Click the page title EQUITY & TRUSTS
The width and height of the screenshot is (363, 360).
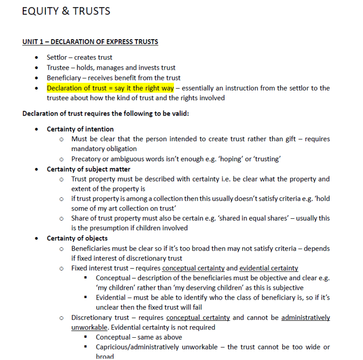pos(66,11)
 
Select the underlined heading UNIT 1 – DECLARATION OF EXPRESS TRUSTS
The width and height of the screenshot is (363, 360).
pos(90,42)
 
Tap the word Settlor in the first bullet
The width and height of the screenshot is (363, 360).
pos(57,58)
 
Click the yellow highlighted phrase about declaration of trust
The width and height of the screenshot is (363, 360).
pos(110,88)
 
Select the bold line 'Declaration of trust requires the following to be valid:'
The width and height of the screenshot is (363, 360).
pos(106,114)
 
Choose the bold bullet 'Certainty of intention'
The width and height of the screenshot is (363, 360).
pos(80,129)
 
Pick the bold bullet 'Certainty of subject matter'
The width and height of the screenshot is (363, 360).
pos(88,169)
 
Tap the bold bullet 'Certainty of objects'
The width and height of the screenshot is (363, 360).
pos(77,238)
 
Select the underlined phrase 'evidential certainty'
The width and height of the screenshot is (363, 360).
pos(269,268)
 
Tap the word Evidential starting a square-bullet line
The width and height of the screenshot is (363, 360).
pos(112,298)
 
